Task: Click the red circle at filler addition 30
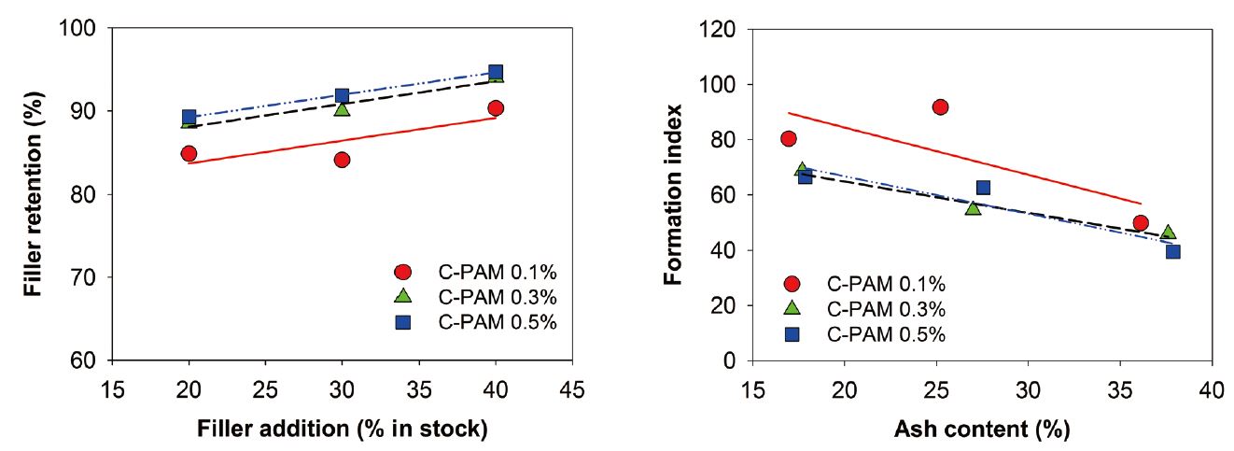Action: tap(342, 160)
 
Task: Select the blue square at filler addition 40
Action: tap(496, 72)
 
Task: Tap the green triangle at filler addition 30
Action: tap(342, 109)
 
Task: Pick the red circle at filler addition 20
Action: tap(189, 153)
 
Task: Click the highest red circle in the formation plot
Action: tap(940, 107)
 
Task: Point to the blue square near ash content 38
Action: tap(1173, 251)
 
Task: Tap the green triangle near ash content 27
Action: tap(973, 207)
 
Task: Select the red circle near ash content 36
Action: tap(1140, 223)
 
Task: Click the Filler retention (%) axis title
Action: tap(35, 193)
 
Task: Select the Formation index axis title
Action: tap(673, 193)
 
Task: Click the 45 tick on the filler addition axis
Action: tap(572, 387)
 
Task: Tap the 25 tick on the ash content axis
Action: tap(936, 387)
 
